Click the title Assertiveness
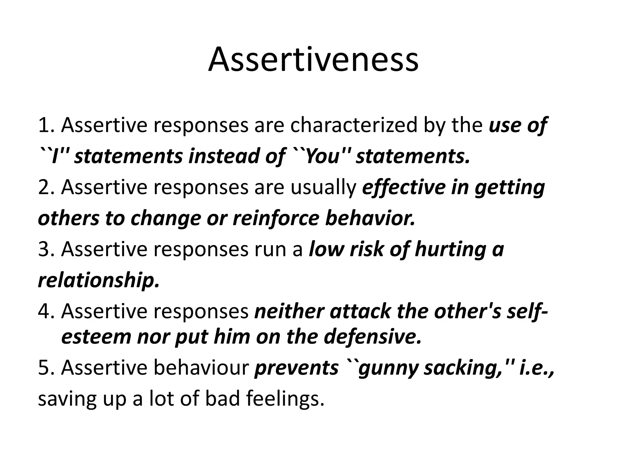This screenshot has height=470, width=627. click(313, 60)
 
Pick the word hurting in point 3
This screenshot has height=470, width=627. click(450, 249)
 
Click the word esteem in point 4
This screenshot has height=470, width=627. click(96, 337)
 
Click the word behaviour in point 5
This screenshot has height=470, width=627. click(201, 367)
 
